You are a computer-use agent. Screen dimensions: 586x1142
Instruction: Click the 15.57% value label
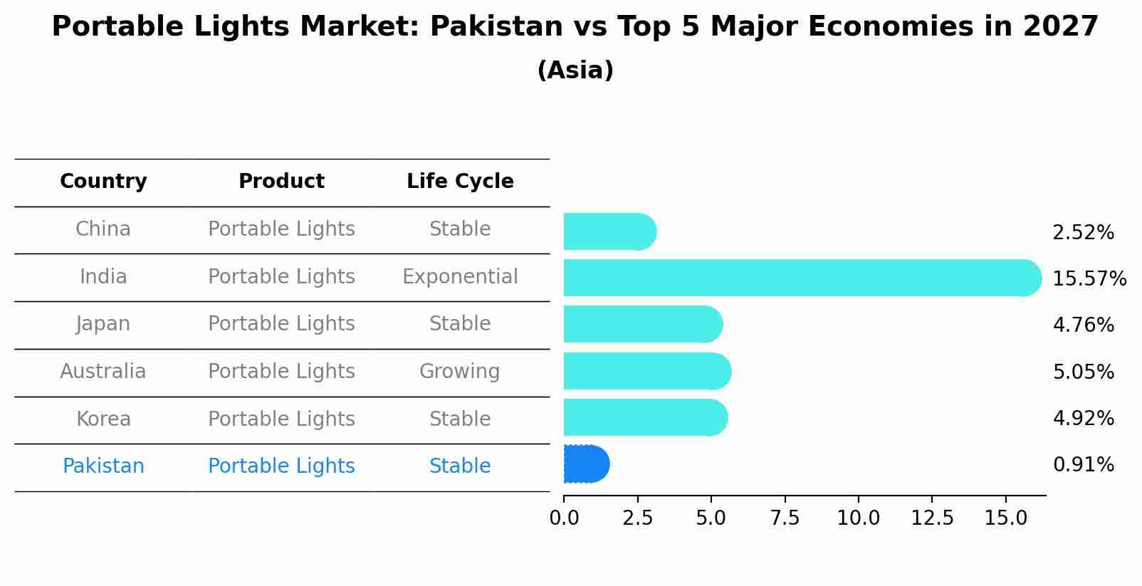click(x=1089, y=278)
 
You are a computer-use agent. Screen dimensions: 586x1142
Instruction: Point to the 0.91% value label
click(x=1083, y=465)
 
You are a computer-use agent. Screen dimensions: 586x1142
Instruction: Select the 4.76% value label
click(x=1083, y=325)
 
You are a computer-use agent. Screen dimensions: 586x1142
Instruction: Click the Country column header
click(x=103, y=182)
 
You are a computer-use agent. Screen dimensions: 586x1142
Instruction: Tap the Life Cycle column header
click(x=460, y=182)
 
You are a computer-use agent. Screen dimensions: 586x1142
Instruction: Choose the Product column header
click(x=281, y=182)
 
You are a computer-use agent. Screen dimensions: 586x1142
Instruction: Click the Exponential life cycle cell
click(x=460, y=277)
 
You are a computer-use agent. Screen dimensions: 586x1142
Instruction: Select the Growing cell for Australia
click(x=459, y=372)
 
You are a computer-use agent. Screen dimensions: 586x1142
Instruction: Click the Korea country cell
click(x=103, y=419)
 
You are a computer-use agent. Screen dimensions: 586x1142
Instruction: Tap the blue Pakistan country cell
click(x=103, y=466)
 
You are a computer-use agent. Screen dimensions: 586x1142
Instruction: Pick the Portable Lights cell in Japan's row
click(x=281, y=324)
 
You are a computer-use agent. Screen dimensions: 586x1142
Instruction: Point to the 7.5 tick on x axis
click(x=785, y=518)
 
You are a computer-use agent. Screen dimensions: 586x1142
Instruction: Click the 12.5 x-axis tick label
click(x=932, y=518)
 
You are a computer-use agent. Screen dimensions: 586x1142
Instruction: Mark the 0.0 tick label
click(x=564, y=518)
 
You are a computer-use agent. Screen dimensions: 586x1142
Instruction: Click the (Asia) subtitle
click(x=575, y=70)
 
